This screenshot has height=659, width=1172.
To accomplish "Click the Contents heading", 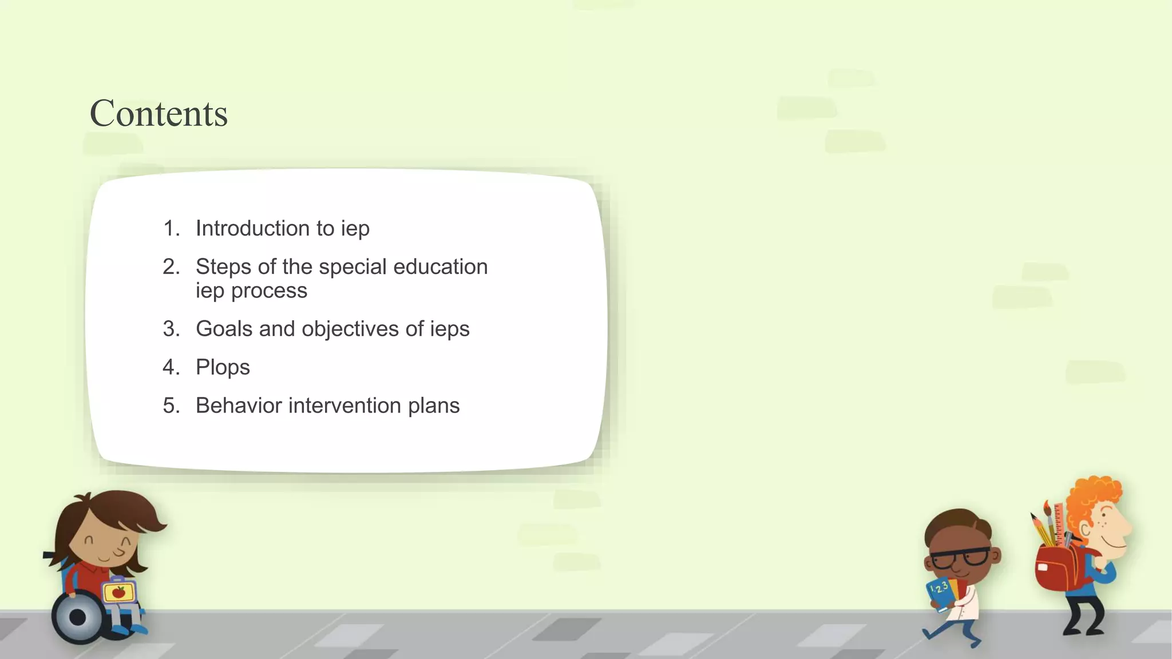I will tap(159, 113).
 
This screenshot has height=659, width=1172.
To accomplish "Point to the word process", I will tap(269, 291).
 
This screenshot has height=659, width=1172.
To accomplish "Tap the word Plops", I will tap(223, 367).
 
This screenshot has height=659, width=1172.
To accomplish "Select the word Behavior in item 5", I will tap(239, 406).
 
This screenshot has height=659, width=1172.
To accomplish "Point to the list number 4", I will tap(171, 367).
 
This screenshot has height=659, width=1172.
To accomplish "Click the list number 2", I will tap(171, 267).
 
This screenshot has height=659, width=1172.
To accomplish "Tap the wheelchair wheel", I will tap(78, 617).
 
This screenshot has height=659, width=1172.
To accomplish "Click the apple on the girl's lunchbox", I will tap(119, 592).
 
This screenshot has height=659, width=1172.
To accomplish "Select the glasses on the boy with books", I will tap(961, 557).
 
